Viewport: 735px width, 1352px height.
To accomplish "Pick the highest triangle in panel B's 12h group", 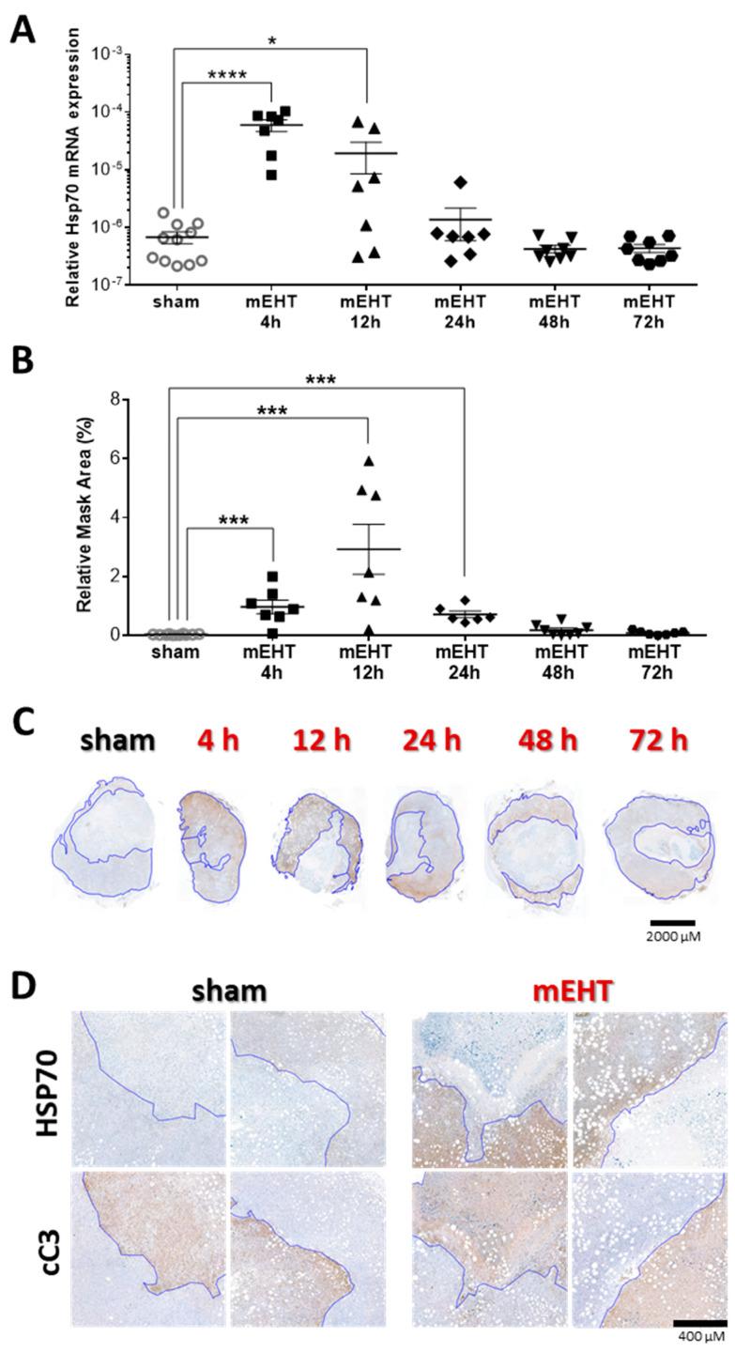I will (369, 461).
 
